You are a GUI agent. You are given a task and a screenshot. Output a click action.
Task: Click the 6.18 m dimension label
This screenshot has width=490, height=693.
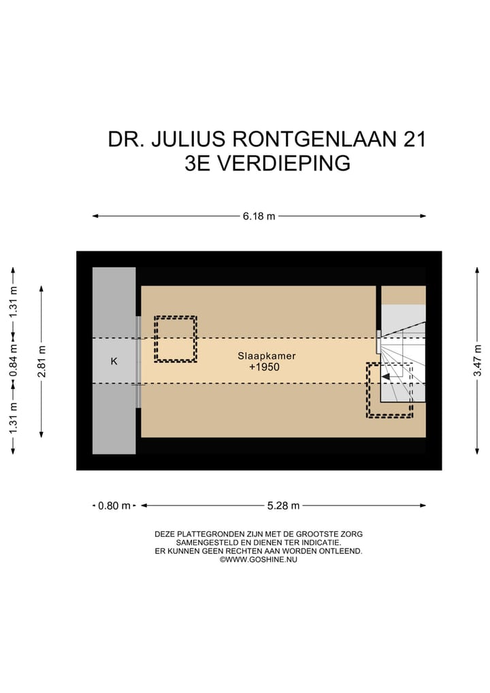259,217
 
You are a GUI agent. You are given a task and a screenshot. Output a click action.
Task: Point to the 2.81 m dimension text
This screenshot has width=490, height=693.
42,360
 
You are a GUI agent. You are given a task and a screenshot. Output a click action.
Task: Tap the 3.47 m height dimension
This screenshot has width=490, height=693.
478,360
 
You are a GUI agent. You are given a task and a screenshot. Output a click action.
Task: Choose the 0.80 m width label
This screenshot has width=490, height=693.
114,506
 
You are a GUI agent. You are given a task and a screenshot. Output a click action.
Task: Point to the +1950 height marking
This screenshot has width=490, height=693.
264,367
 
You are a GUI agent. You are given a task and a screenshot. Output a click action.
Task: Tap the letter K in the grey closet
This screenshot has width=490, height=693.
114,361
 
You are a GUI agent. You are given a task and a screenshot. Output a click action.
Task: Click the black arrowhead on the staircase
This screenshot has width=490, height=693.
386,375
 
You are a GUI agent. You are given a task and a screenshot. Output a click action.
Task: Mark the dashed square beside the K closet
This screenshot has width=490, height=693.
176,339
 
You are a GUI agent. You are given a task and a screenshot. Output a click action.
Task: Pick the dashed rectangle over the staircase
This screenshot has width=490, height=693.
389,390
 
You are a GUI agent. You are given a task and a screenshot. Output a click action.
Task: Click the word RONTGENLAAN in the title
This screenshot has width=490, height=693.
315,139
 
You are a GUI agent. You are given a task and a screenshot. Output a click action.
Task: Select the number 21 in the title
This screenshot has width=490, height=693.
414,139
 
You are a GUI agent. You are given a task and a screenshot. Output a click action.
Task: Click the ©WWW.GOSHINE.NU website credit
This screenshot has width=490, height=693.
259,559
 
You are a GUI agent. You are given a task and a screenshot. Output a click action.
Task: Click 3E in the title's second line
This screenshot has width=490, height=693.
198,164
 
